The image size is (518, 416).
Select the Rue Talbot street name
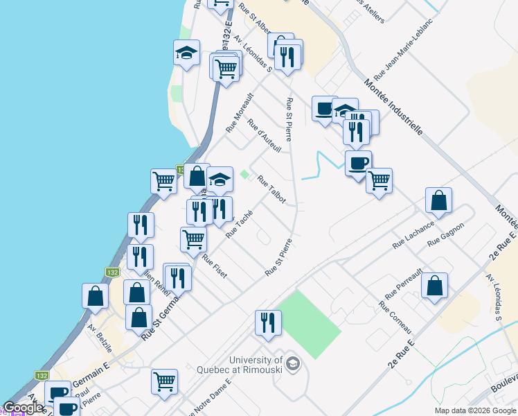coord(271,189)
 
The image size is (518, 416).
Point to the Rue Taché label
coord(239,224)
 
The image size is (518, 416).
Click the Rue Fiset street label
coord(215,266)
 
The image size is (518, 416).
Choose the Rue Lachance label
coord(413,235)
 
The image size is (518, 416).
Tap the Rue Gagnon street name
coord(445,234)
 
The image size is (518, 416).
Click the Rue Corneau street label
coord(395,317)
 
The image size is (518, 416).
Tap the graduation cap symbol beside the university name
coord(293,363)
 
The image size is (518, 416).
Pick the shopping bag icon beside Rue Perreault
coord(434,285)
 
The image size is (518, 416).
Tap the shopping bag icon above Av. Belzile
coord(95,296)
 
